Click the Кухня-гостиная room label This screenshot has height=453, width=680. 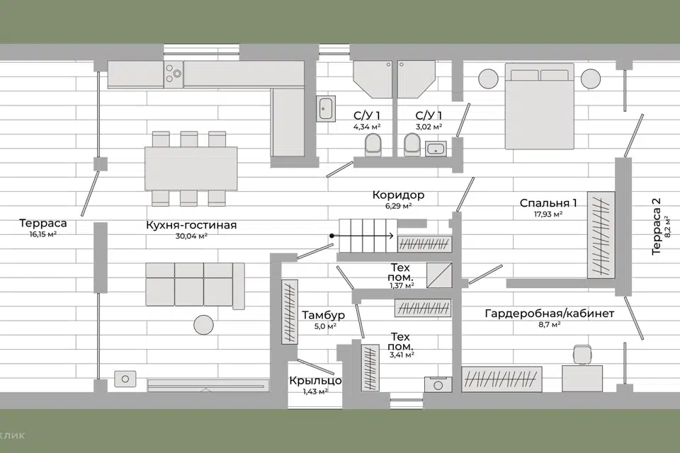tap(191, 225)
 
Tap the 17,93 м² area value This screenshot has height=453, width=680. tap(548, 214)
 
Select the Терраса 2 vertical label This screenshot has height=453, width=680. tap(656, 226)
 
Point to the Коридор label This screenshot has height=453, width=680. tap(398, 195)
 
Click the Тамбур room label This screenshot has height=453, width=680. tap(323, 315)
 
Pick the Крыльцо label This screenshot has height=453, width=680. tap(315, 381)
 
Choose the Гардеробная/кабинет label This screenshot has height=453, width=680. tap(550, 313)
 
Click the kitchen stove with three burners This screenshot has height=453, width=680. tap(174, 74)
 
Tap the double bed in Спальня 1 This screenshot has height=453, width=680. tap(540, 106)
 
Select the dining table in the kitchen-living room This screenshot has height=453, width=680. tap(191, 168)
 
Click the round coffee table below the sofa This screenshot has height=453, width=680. tap(203, 324)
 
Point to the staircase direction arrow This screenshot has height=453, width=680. tap(362, 236)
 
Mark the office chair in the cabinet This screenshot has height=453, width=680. tap(582, 354)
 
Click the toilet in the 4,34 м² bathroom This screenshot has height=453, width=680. tap(373, 144)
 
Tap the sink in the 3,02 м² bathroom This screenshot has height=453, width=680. tap(436, 148)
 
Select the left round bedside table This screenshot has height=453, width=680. tap(488, 79)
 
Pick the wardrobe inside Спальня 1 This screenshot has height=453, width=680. tap(601, 234)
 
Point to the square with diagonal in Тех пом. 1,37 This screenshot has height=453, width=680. tap(439, 275)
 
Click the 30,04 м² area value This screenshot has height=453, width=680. tap(191, 236)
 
